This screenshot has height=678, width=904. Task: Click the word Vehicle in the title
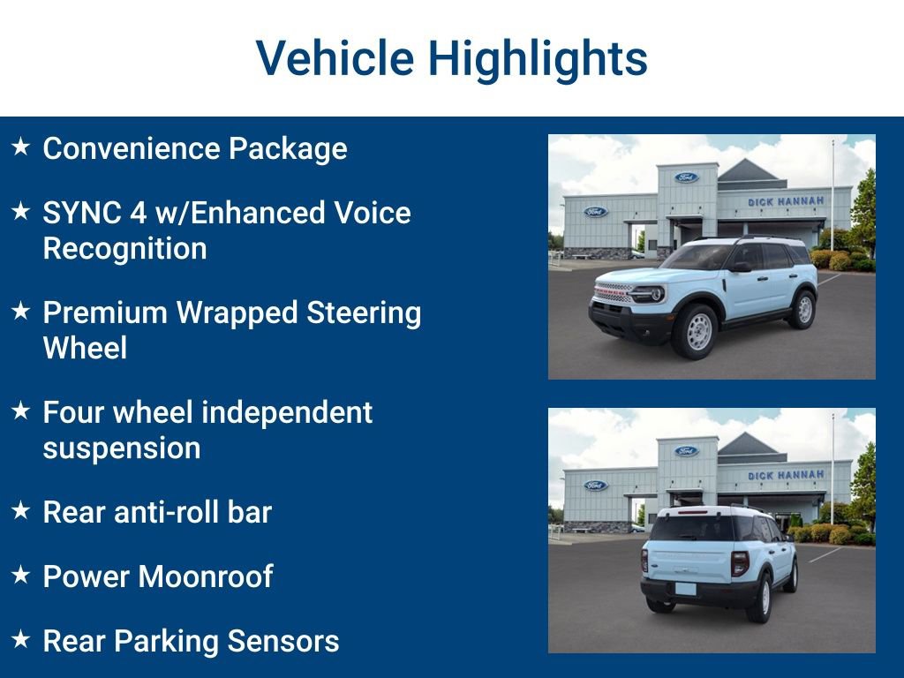pos(335,58)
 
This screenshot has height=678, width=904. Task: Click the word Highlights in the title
pos(538,58)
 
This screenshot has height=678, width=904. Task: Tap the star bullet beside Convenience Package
pos(21,147)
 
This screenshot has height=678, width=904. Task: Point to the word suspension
pos(121,448)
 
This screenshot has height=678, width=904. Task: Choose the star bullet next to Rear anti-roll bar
pos(21,510)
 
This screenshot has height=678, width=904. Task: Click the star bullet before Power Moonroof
pos(21,575)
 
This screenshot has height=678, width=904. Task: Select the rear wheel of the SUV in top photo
pos(803,308)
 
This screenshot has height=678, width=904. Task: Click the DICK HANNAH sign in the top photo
pos(786,201)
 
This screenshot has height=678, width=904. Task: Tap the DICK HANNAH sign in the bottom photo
pos(786,475)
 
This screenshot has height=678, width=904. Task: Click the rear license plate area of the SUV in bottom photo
pos(685,588)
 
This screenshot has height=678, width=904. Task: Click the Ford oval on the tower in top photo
pos(686,177)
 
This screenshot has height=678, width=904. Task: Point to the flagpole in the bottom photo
pos(832,468)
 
